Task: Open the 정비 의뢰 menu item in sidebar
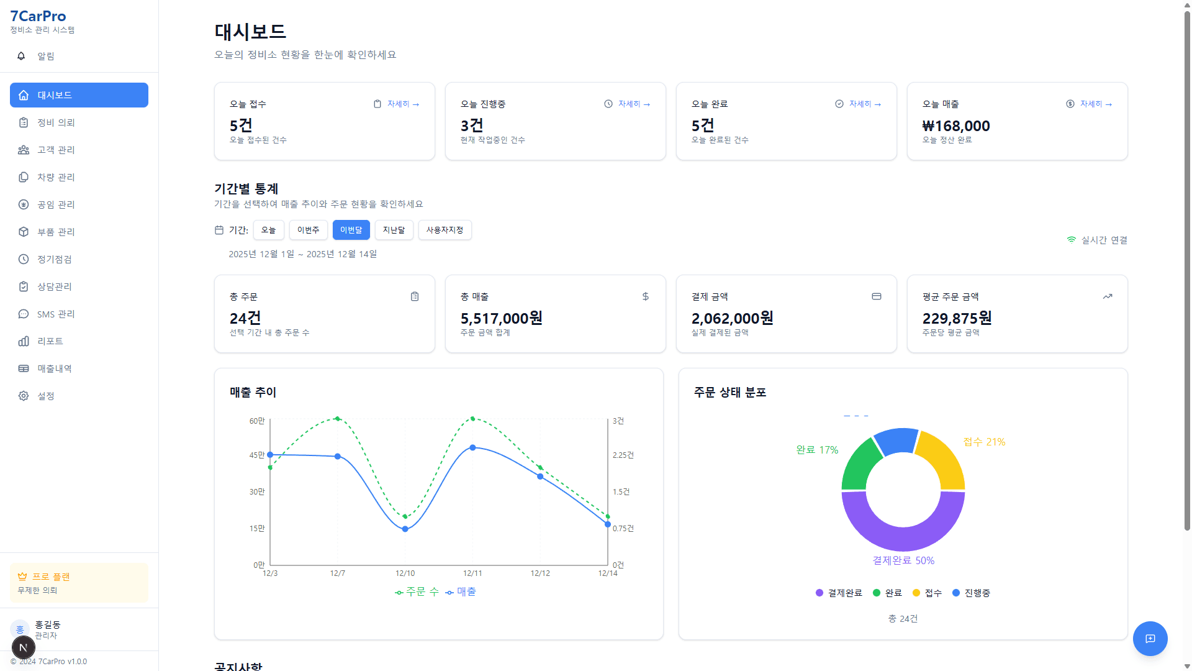click(56, 122)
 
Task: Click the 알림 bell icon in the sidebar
click(21, 56)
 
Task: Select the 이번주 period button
click(308, 230)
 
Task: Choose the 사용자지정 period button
click(445, 230)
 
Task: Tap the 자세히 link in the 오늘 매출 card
click(1095, 104)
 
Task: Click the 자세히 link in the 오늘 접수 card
click(402, 104)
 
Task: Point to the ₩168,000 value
click(955, 126)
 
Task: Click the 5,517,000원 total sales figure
click(501, 319)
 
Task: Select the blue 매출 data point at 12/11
click(472, 447)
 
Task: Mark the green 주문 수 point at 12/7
click(337, 419)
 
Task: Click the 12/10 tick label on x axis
click(405, 573)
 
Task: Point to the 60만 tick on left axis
click(256, 421)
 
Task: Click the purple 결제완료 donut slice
click(903, 528)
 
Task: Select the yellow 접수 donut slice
click(942, 459)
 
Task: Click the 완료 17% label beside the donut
click(817, 450)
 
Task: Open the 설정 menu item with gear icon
click(46, 396)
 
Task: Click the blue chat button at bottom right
click(1150, 639)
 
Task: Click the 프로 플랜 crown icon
click(22, 577)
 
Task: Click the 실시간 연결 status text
click(1104, 240)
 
